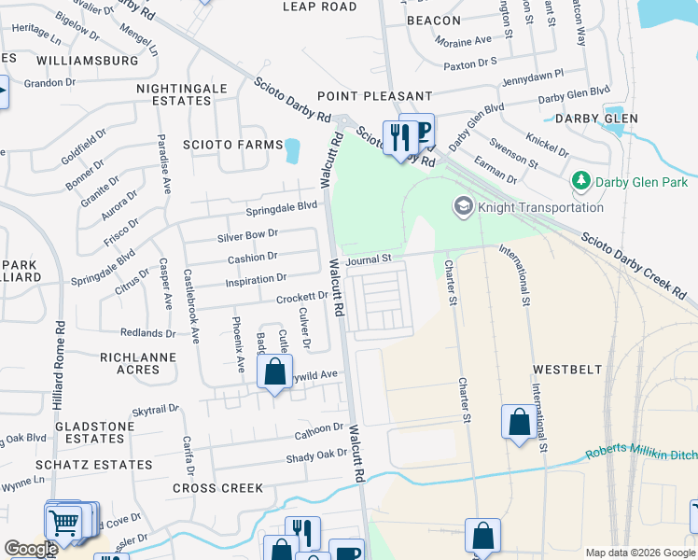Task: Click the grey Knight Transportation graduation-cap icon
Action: tap(462, 205)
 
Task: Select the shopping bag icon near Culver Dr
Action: tap(274, 374)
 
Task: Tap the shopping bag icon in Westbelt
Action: tap(519, 422)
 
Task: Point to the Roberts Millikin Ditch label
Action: tap(641, 453)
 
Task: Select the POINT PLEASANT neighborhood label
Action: tap(374, 96)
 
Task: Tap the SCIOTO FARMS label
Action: tap(232, 145)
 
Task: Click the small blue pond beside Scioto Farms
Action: tap(294, 149)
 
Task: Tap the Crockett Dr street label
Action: tap(301, 298)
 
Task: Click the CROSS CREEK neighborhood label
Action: tap(217, 488)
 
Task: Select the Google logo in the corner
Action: tap(31, 549)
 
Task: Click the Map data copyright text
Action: tap(640, 553)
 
